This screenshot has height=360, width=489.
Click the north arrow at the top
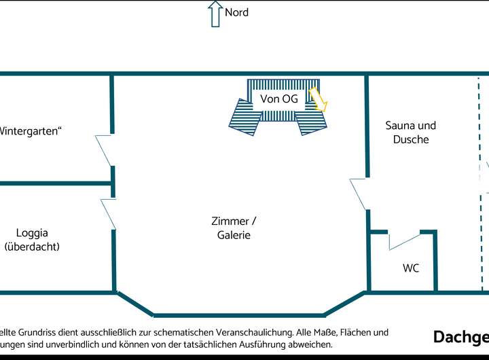(215, 14)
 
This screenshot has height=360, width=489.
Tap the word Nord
(236, 12)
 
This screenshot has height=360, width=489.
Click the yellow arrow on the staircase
(318, 98)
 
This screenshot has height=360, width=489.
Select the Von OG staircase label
(278, 99)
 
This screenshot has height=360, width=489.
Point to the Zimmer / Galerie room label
(234, 228)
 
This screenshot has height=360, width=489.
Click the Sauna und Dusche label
(410, 132)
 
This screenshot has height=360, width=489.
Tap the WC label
(411, 268)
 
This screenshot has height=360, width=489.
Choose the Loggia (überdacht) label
(33, 240)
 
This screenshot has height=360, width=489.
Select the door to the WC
(405, 240)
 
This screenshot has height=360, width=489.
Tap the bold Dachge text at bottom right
(460, 338)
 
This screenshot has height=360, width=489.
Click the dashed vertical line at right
(480, 183)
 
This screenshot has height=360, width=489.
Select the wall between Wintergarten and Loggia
(54, 183)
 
